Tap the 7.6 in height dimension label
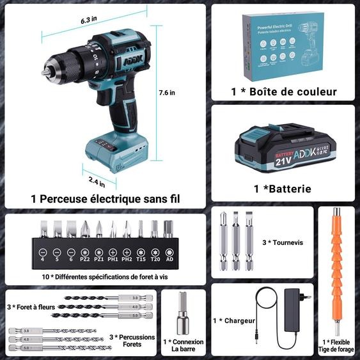(168, 93)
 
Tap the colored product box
(285, 45)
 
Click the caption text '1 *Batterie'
(282, 189)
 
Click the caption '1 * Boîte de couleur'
(284, 92)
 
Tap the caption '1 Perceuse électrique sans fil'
(106, 199)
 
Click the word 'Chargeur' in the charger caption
(240, 321)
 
